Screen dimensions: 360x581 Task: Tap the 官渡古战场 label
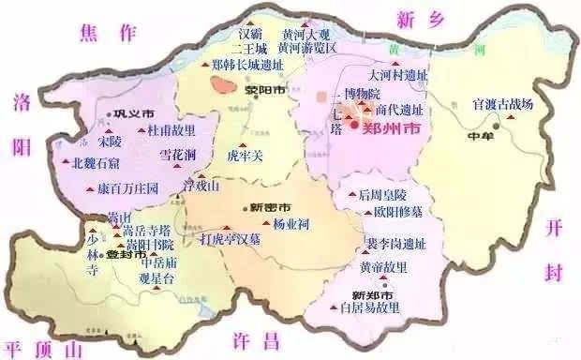(502, 104)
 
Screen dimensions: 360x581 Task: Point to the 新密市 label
(271, 206)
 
